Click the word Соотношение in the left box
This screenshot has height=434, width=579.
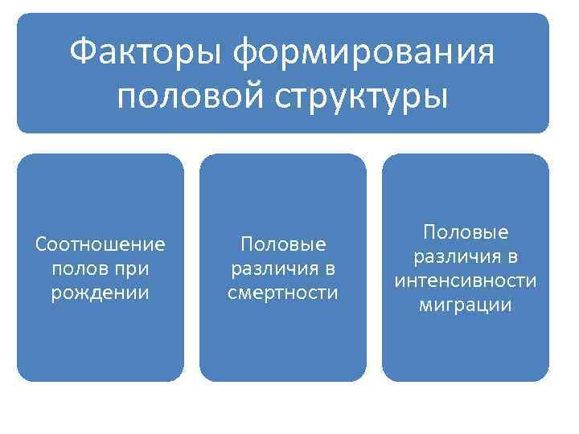(x=101, y=244)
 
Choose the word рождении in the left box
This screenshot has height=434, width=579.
(x=101, y=292)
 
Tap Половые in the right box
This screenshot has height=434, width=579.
(x=466, y=232)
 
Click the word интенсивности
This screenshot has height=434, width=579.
(x=466, y=280)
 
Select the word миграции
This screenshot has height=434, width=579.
(x=466, y=305)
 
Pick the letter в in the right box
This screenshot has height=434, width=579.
(x=512, y=257)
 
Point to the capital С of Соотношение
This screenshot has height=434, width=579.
(x=42, y=244)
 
